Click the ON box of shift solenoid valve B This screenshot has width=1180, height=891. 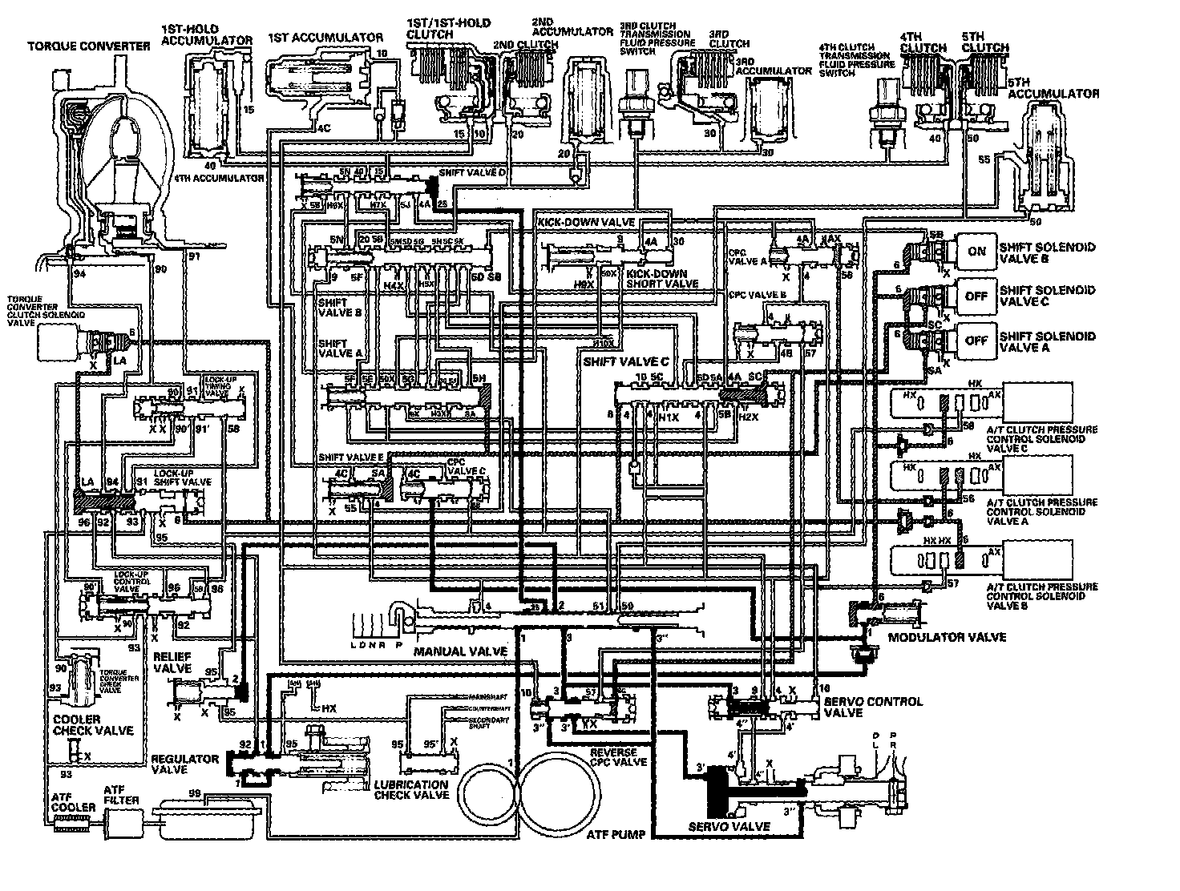(976, 251)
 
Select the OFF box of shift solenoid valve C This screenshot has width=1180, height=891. (976, 296)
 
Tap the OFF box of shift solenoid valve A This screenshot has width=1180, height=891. (976, 340)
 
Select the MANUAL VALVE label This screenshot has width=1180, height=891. (460, 651)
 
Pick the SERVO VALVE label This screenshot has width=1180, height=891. (729, 827)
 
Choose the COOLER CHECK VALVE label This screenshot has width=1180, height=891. (87, 725)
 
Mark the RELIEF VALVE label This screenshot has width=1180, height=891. (172, 662)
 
